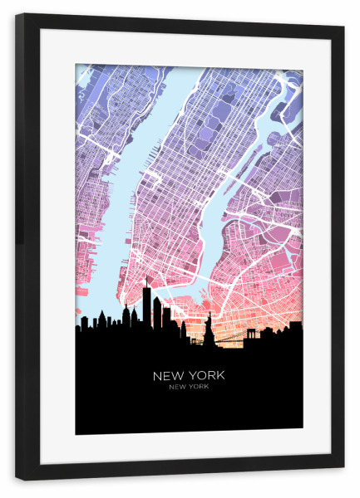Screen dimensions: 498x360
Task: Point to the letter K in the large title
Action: point(220,375)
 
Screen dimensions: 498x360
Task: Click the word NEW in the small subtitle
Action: point(177,386)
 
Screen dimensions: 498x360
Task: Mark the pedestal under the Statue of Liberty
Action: point(209,339)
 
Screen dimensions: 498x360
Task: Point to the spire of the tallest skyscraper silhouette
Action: point(146,281)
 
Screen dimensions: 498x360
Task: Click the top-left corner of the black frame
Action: point(17,16)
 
